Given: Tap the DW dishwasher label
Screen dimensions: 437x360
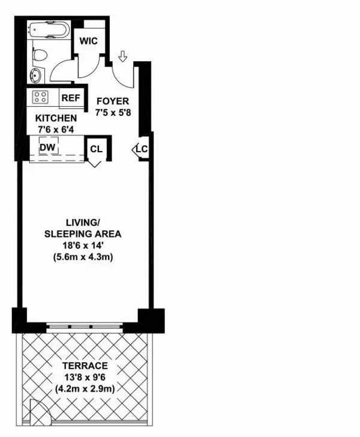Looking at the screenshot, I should click(47, 147).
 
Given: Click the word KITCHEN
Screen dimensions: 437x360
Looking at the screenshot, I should click(56, 118).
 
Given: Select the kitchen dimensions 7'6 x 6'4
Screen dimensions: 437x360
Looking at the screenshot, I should click(56, 128).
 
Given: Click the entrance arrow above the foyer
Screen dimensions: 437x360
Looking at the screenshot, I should click(122, 56).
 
